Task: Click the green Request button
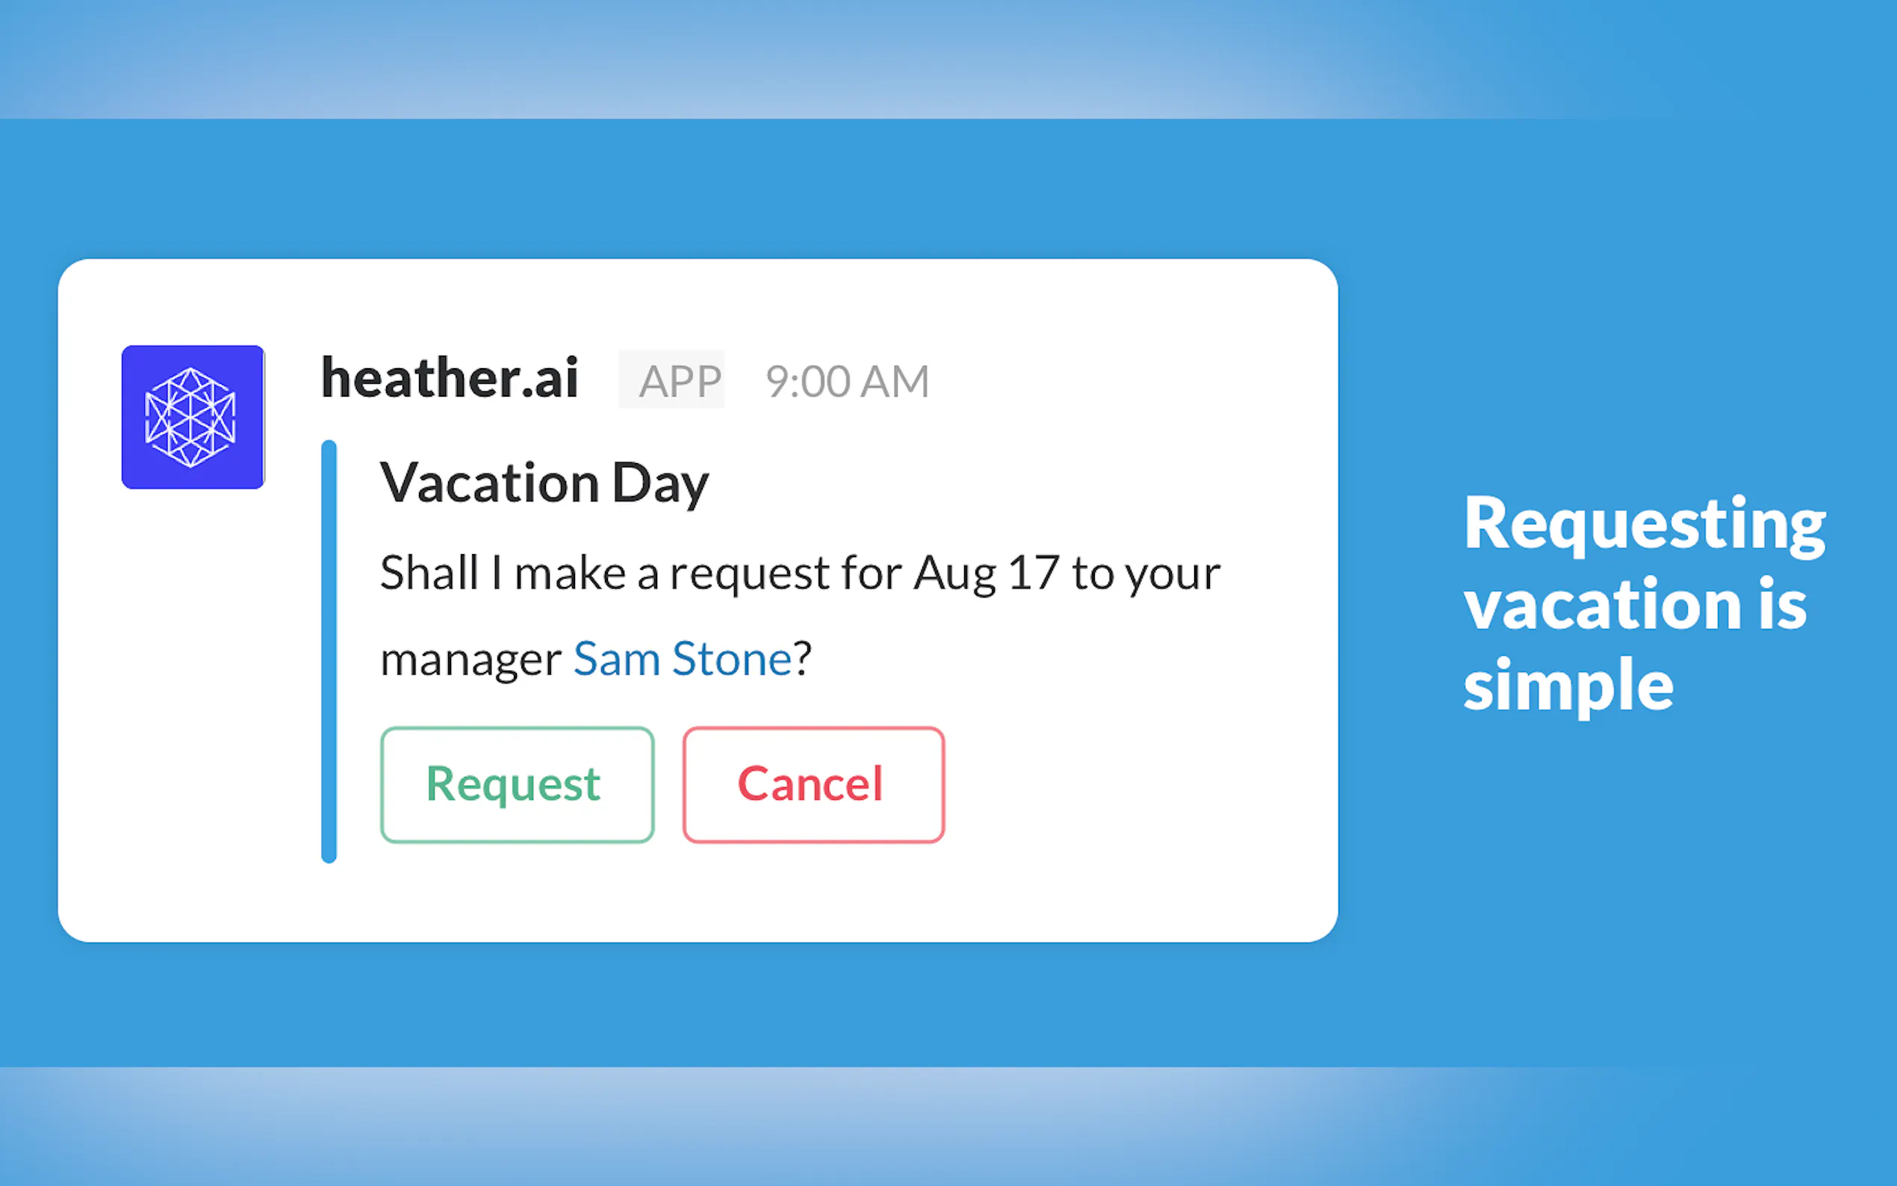point(517,784)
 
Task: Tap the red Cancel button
point(813,784)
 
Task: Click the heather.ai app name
point(450,378)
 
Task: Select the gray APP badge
point(671,379)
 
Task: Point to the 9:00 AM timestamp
point(847,381)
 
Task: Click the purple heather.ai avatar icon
point(193,417)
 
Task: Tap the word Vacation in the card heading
point(490,483)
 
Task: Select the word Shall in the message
point(429,572)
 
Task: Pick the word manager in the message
point(471,660)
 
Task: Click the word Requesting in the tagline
point(1645,525)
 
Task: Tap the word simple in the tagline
point(1568,684)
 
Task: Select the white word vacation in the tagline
point(1599,604)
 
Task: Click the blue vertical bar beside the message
point(329,652)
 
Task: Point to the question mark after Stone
point(802,657)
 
